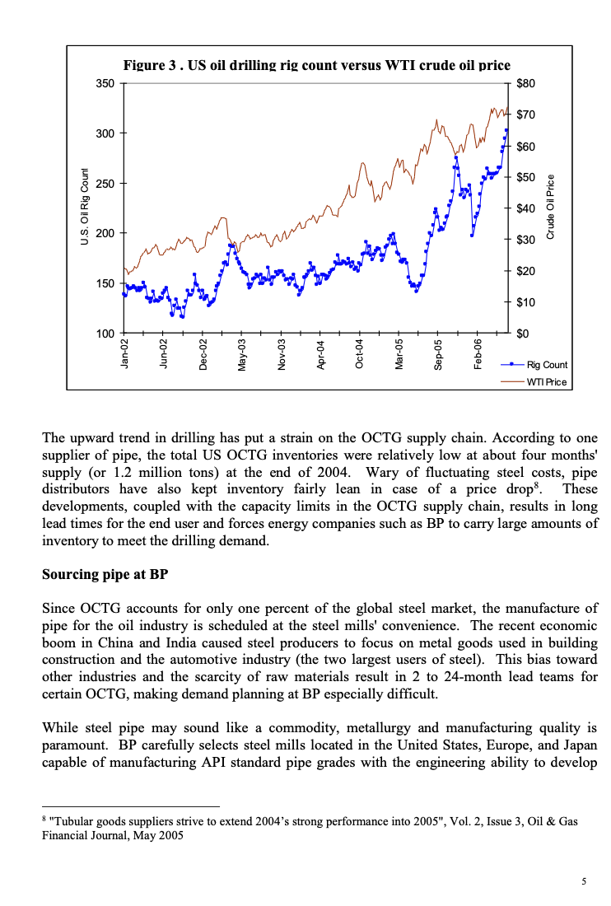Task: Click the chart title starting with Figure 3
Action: tap(316, 65)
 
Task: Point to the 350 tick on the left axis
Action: tap(105, 83)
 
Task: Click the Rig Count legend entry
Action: tap(547, 364)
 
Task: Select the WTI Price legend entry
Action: tap(547, 382)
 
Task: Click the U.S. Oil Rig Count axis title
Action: tap(83, 207)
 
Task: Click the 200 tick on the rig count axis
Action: tap(105, 233)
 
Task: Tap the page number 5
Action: tap(584, 881)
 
